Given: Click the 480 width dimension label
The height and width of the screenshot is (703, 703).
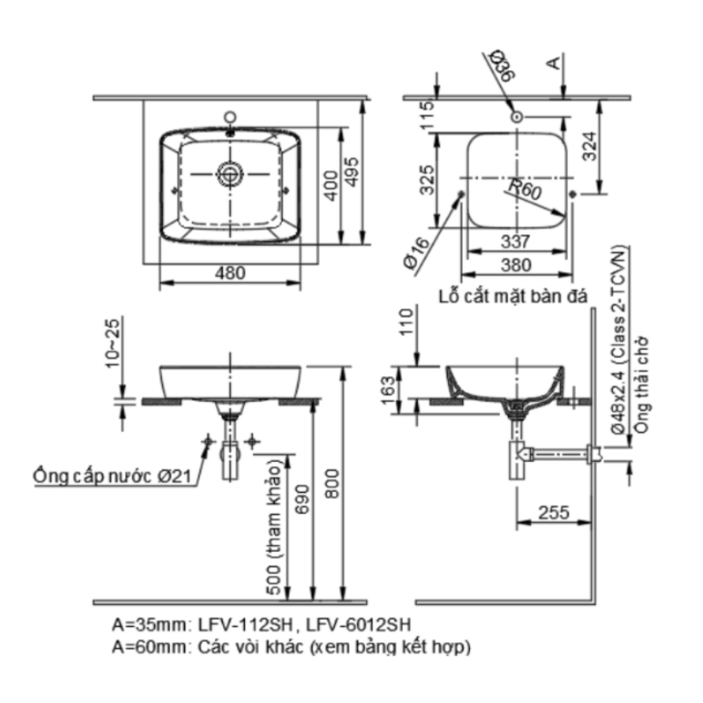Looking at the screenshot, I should (x=231, y=273).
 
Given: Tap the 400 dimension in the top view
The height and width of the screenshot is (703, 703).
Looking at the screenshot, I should (x=332, y=185).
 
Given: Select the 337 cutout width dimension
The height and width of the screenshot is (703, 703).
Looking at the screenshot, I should (x=516, y=241).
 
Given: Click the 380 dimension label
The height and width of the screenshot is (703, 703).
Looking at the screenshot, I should (x=516, y=265).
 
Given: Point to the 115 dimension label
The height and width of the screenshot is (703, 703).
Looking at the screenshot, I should (x=428, y=114).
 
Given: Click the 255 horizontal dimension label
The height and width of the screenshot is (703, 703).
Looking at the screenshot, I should (x=554, y=513).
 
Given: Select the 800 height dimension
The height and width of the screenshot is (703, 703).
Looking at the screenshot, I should (x=332, y=483).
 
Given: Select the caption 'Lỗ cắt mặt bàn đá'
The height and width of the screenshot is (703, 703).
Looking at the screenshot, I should (x=513, y=296).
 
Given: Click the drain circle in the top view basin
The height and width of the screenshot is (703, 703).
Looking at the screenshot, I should (x=230, y=173).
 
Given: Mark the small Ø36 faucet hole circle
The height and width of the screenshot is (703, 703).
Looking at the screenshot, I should (x=517, y=117).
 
